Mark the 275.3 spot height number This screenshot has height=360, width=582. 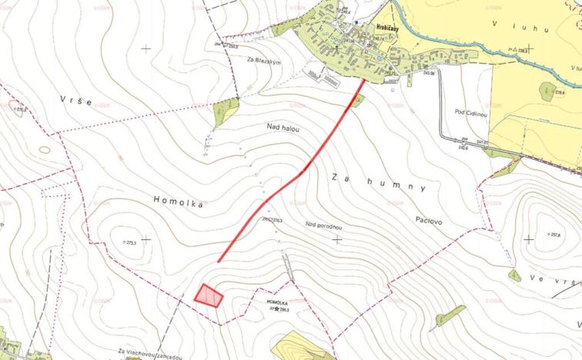(x=137, y=242)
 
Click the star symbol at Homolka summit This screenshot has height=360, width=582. (x=276, y=309)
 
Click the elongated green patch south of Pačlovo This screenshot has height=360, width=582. (x=450, y=315)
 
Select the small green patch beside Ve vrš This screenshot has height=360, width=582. (x=514, y=275)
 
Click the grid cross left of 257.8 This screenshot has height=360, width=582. (x=529, y=238)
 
